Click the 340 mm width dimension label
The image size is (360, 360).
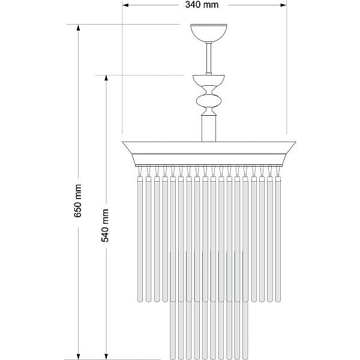pyautogui.click(x=202, y=5)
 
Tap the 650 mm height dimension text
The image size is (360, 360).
pyautogui.click(x=78, y=200)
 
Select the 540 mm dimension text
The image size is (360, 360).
pyautogui.click(x=105, y=226)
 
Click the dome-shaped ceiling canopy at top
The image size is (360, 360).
pyautogui.click(x=209, y=33)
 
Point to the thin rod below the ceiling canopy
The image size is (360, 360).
pyautogui.click(x=209, y=58)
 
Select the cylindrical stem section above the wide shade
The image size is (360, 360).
pyautogui.click(x=209, y=128)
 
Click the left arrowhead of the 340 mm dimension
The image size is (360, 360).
pyautogui.click(x=125, y=5)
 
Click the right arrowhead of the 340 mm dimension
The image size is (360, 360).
pyautogui.click(x=283, y=5)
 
